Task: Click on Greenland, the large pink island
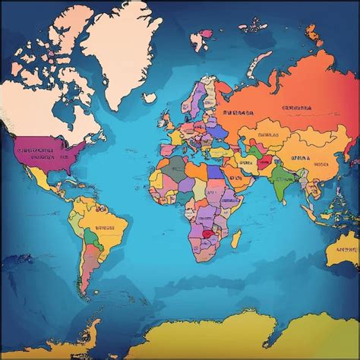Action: (122, 53)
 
